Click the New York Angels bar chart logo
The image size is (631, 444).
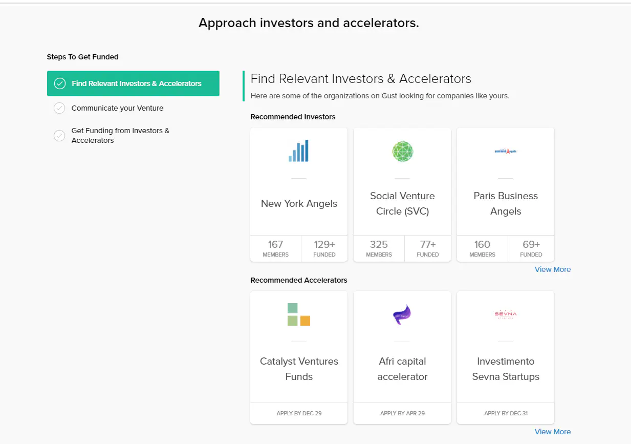(x=299, y=151)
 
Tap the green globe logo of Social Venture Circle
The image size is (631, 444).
(x=402, y=152)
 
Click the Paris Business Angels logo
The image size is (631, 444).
(x=506, y=151)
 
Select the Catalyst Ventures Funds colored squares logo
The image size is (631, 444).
(x=299, y=314)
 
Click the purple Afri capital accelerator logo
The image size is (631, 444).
(x=402, y=315)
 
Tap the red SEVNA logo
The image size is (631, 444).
(x=506, y=314)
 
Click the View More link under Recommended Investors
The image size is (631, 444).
(x=552, y=269)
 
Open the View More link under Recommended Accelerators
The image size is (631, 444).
(x=552, y=432)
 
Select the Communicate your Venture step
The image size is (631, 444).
(x=117, y=108)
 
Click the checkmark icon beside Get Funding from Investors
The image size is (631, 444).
(x=59, y=136)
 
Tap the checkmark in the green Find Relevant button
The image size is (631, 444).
(x=60, y=83)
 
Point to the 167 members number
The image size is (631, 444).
(x=275, y=244)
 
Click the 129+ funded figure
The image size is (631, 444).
(x=324, y=244)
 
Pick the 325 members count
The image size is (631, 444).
(x=379, y=244)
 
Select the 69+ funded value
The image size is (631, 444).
(x=531, y=244)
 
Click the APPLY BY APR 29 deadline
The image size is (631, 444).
(x=402, y=413)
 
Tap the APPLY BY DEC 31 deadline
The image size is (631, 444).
(x=506, y=413)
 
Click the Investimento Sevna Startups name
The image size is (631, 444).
(x=506, y=369)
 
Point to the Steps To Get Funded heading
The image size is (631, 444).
(x=82, y=57)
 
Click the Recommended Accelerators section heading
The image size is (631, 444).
(x=299, y=280)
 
